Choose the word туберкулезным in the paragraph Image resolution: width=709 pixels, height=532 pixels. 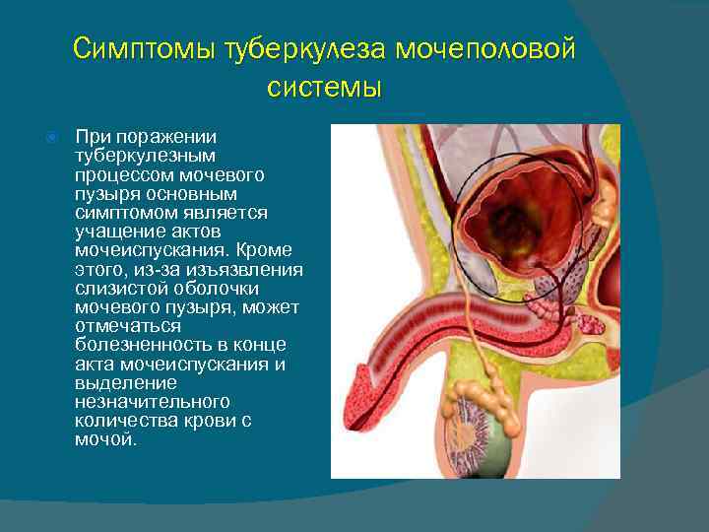coord(138,156)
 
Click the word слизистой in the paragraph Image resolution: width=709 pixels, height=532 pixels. coord(117,288)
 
